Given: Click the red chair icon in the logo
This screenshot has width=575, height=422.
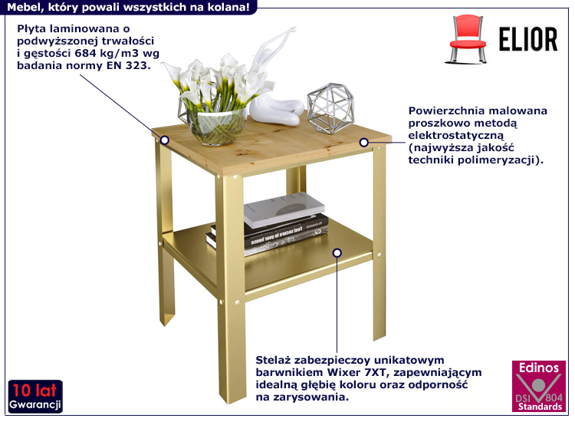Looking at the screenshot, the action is [466, 39].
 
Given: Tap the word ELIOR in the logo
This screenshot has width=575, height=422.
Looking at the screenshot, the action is [528, 39].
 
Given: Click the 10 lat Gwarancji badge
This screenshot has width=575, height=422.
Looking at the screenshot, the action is [35, 397].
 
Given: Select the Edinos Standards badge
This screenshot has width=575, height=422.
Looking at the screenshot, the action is [539, 387].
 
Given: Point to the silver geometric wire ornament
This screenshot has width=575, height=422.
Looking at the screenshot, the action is [330, 108].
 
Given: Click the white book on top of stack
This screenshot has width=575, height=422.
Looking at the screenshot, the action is [284, 209].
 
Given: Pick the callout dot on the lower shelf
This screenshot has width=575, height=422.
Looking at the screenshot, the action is [337, 253].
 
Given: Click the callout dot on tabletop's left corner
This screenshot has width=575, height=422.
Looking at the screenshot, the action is [165, 140].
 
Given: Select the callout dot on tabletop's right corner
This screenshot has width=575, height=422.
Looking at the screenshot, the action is [363, 143].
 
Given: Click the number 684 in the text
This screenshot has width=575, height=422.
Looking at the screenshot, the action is [85, 53].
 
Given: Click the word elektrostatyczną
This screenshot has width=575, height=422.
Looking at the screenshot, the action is [456, 135].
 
